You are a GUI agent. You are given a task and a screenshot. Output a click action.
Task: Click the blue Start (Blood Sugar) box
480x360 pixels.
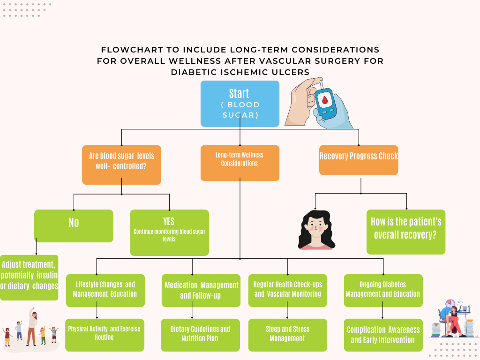[x=240, y=104]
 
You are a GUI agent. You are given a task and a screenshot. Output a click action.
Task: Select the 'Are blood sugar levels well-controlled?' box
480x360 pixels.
[x=121, y=165]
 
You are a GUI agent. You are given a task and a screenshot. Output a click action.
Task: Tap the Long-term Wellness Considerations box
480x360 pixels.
[x=240, y=163]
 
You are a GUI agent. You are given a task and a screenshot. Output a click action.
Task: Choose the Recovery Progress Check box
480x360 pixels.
[x=359, y=160]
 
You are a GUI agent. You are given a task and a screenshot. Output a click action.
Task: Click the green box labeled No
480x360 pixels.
[x=74, y=225]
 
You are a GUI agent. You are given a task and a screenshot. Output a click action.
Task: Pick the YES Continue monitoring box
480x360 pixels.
[x=169, y=232]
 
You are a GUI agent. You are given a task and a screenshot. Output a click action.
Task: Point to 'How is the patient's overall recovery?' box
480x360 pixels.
[x=406, y=232]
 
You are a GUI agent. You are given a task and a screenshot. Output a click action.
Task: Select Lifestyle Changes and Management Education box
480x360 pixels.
[x=105, y=290]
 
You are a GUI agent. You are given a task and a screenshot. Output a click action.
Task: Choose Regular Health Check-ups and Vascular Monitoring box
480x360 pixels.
[x=287, y=290]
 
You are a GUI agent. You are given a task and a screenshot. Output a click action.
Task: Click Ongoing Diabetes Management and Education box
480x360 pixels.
[x=383, y=290]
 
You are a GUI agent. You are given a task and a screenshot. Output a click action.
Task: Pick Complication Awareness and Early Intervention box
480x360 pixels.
[x=383, y=335]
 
